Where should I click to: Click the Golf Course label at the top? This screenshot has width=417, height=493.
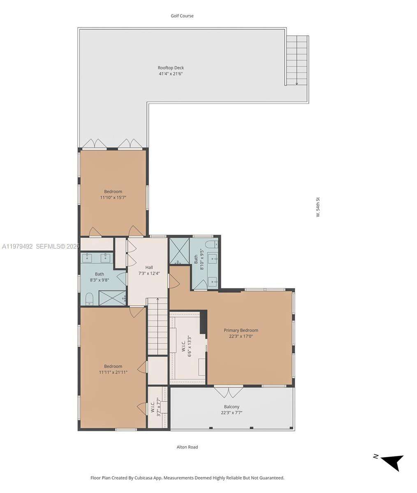pos(182,16)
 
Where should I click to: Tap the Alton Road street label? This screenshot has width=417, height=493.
pos(187,447)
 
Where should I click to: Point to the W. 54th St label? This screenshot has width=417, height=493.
pos(318,207)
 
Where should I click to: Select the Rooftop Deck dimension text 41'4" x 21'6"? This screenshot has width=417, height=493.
pos(170,74)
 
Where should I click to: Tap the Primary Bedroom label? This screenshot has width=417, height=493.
pos(241,330)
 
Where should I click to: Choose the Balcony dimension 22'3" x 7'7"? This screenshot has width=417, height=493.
pos(232,413)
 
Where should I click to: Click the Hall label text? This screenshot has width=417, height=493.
pos(149,267)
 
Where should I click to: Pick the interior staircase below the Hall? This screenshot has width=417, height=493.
pos(158,327)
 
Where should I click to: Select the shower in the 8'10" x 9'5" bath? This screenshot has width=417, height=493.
pos(179,251)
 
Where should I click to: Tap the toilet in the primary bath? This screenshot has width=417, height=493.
pos(211,244)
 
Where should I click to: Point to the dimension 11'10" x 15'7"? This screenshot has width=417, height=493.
pos(113,198)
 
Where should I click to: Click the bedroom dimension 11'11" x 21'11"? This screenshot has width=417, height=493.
pos(113,372)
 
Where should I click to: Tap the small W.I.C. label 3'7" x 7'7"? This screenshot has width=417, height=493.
pos(155,407)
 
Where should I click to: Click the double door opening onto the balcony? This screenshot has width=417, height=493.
pos(229,392)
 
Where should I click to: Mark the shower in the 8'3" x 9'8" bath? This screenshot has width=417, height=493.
pos(113,298)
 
